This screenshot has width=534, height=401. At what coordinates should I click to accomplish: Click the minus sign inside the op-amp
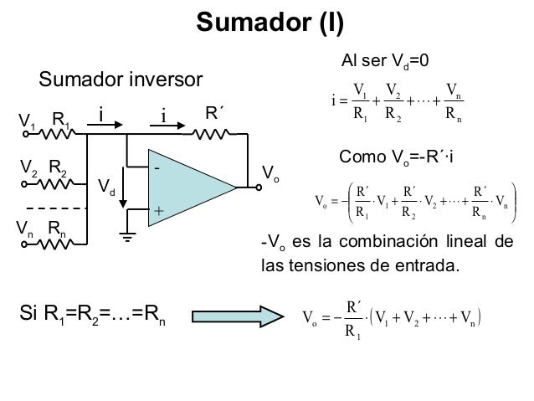tap(156, 168)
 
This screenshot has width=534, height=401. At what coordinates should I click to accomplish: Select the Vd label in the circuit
tap(107, 185)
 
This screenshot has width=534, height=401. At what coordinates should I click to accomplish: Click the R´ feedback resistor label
tap(216, 113)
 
